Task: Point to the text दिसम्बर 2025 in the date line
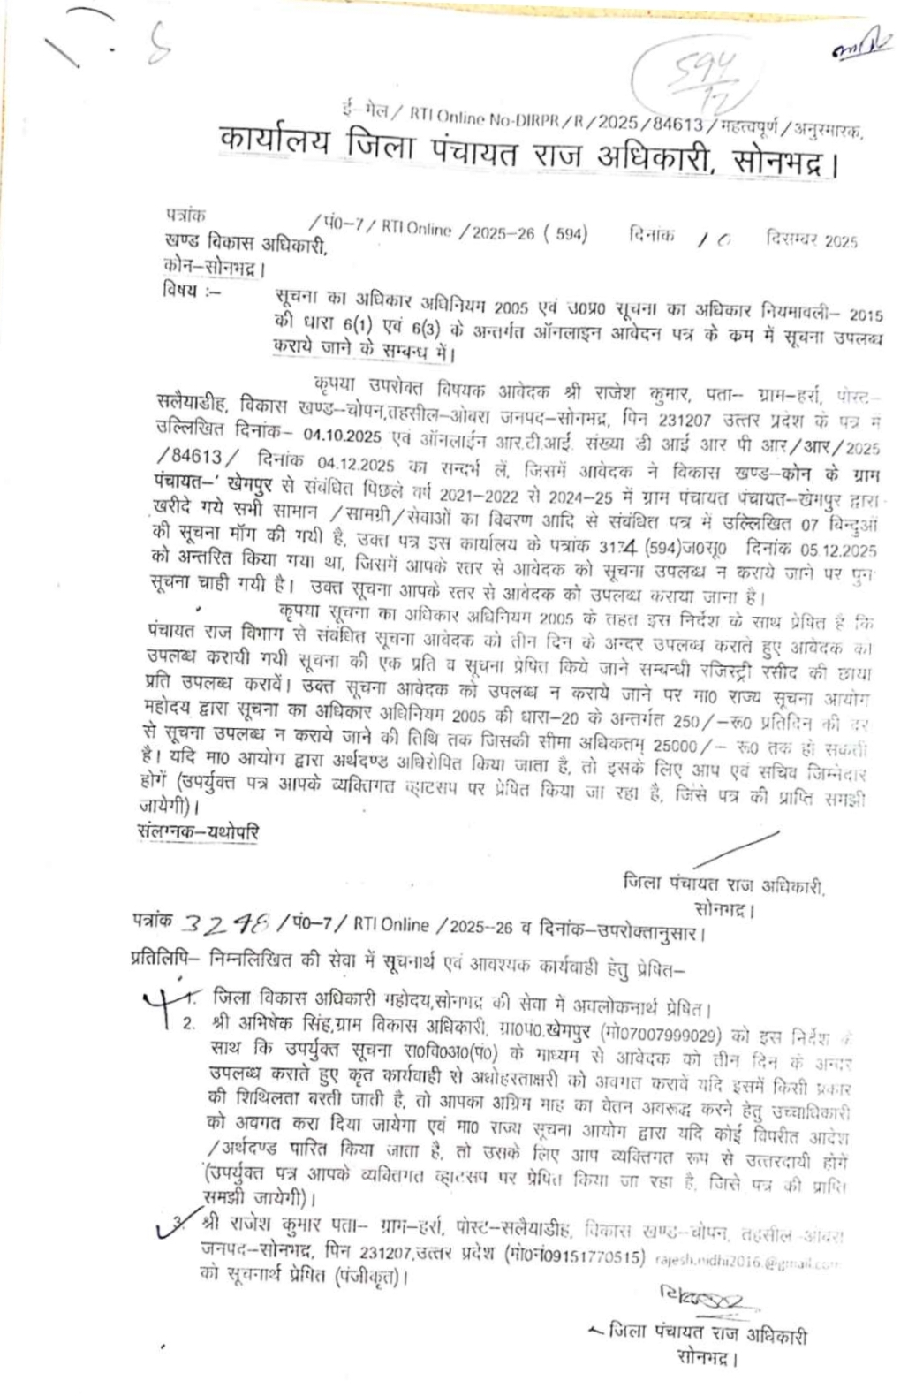coord(812,240)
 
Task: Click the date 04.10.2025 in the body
coord(341,435)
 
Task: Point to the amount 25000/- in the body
coord(697,747)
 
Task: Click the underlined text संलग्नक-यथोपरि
coord(199,832)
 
